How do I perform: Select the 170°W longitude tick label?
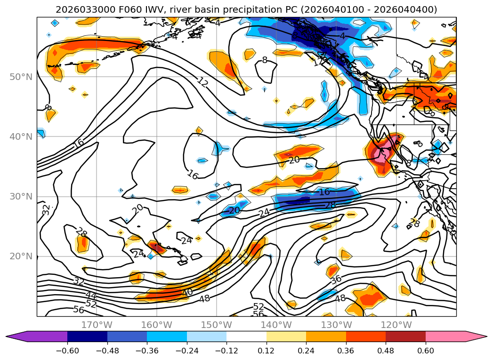97,325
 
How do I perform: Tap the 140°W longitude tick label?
276,325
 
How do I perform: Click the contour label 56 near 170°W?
79,310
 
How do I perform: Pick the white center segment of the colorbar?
246,336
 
